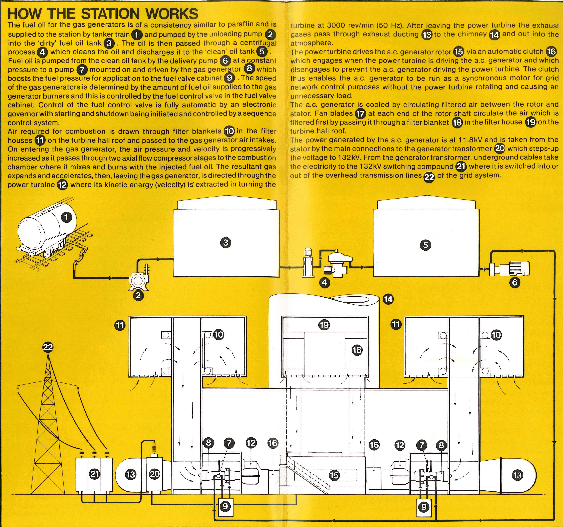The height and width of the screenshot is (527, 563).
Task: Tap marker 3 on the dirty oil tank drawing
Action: point(226,243)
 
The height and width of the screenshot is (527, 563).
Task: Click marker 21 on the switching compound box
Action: point(95,474)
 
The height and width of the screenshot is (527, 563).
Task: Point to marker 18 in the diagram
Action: point(357,350)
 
